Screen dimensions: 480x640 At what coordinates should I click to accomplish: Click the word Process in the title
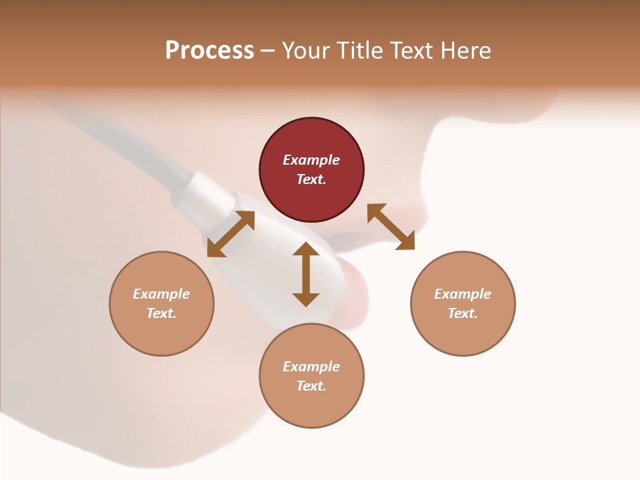tap(209, 50)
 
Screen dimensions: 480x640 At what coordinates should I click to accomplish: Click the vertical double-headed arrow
tap(306, 274)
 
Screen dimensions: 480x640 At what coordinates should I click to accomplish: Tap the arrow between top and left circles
tap(231, 233)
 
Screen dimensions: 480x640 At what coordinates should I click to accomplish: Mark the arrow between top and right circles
tap(391, 227)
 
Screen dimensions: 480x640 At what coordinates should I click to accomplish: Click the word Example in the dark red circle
tap(311, 160)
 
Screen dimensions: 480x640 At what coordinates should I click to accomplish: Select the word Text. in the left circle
tap(161, 313)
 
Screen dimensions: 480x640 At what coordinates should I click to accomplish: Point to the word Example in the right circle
tap(463, 294)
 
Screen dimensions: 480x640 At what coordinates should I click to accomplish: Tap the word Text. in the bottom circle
tap(311, 386)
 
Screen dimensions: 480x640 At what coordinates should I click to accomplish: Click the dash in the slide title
tap(268, 50)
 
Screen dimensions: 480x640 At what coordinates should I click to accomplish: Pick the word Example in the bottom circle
tap(311, 367)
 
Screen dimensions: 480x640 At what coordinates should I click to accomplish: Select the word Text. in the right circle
tap(463, 313)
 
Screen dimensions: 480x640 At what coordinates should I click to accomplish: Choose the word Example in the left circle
tap(161, 294)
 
